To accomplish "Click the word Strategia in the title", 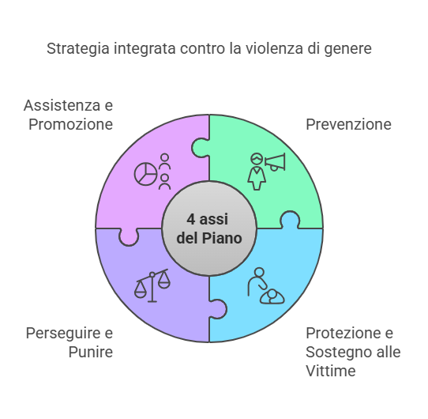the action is (x=78, y=49).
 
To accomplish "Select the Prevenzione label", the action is (x=348, y=124).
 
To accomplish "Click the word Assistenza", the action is (x=62, y=105).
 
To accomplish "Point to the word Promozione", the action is (x=71, y=124).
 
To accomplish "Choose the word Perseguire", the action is (x=63, y=334).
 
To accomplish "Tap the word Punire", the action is (x=91, y=352).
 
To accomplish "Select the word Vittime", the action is (x=331, y=371).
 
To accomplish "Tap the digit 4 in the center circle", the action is (x=191, y=219).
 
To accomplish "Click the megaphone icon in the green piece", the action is (x=275, y=162).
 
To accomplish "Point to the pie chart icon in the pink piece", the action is (x=146, y=174).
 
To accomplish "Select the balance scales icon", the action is (x=152, y=285).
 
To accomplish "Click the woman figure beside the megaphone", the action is (x=257, y=172).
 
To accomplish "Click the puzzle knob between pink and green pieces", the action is (x=201, y=148).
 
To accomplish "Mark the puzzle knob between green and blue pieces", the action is (x=290, y=220).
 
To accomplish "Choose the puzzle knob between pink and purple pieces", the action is (x=129, y=237).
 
